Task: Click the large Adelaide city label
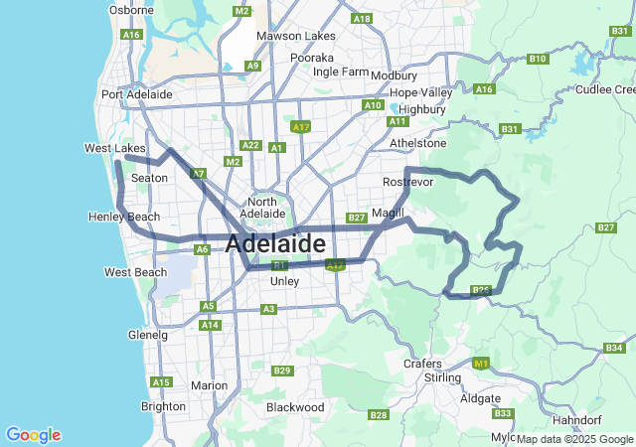275,243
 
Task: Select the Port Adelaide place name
136,94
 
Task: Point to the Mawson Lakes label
295,36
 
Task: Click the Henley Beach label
123,217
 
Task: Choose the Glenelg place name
148,335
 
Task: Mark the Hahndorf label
604,420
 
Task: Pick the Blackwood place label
295,407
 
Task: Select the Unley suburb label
284,281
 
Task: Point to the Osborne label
131,10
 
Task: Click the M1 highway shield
482,365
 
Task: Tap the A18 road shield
362,18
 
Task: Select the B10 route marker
538,59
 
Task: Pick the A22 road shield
250,145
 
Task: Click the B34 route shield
613,348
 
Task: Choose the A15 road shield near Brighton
160,381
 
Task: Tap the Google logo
33,435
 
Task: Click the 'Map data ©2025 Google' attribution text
574,439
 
